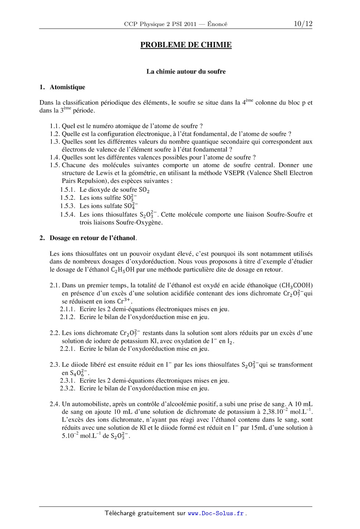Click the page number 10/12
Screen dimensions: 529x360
[x=303, y=24]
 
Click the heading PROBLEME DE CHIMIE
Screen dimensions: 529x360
[x=186, y=45]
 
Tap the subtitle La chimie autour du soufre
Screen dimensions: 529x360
[x=186, y=72]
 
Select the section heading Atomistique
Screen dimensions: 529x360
[x=67, y=87]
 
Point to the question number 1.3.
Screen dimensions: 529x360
[x=55, y=142]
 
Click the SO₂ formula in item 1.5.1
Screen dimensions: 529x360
[x=144, y=190]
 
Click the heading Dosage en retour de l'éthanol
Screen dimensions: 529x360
[x=93, y=238]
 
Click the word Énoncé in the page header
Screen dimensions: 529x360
[x=217, y=24]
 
